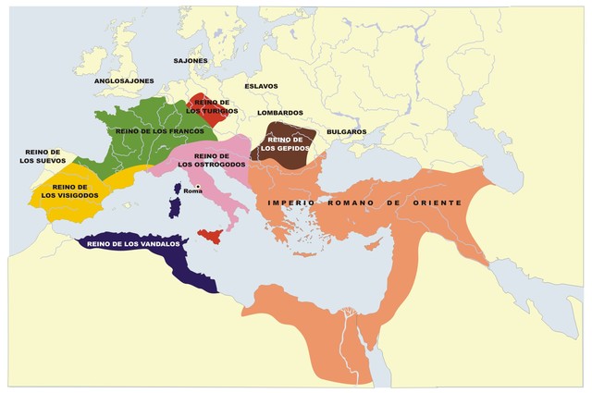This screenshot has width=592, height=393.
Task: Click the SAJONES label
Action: (x=191, y=61)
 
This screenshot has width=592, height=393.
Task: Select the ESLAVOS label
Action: (x=261, y=86)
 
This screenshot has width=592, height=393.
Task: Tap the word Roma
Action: (x=192, y=190)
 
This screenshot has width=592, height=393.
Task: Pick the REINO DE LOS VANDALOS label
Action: (x=133, y=244)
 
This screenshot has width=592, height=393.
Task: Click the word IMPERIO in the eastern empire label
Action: (x=290, y=202)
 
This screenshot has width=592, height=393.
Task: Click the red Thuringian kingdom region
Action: (x=205, y=109)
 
